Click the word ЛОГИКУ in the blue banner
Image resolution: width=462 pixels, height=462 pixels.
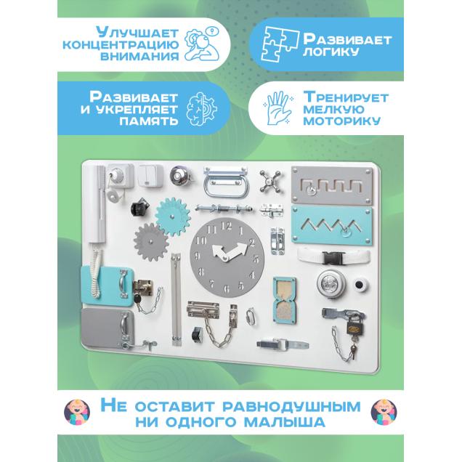click(x=331, y=52)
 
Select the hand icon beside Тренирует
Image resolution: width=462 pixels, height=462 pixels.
click(x=277, y=108)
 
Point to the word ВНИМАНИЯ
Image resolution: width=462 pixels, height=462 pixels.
click(x=139, y=56)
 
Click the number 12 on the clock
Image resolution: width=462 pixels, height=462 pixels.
click(x=227, y=226)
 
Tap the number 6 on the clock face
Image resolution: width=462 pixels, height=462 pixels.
click(x=227, y=288)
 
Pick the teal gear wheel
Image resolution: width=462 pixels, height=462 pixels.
click(x=172, y=216)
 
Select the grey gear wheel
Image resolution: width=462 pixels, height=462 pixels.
click(x=151, y=242)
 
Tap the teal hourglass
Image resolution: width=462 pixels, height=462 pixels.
click(x=284, y=300)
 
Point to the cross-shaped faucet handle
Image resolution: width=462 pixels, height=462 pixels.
click(x=271, y=181)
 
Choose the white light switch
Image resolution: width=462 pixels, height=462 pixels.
click(x=150, y=175)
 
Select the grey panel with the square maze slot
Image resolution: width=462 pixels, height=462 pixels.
click(x=332, y=185)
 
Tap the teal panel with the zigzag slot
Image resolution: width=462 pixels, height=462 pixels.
click(x=332, y=225)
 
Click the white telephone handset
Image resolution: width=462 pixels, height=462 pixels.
click(x=97, y=204)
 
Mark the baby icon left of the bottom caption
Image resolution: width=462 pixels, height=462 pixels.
click(x=77, y=412)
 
